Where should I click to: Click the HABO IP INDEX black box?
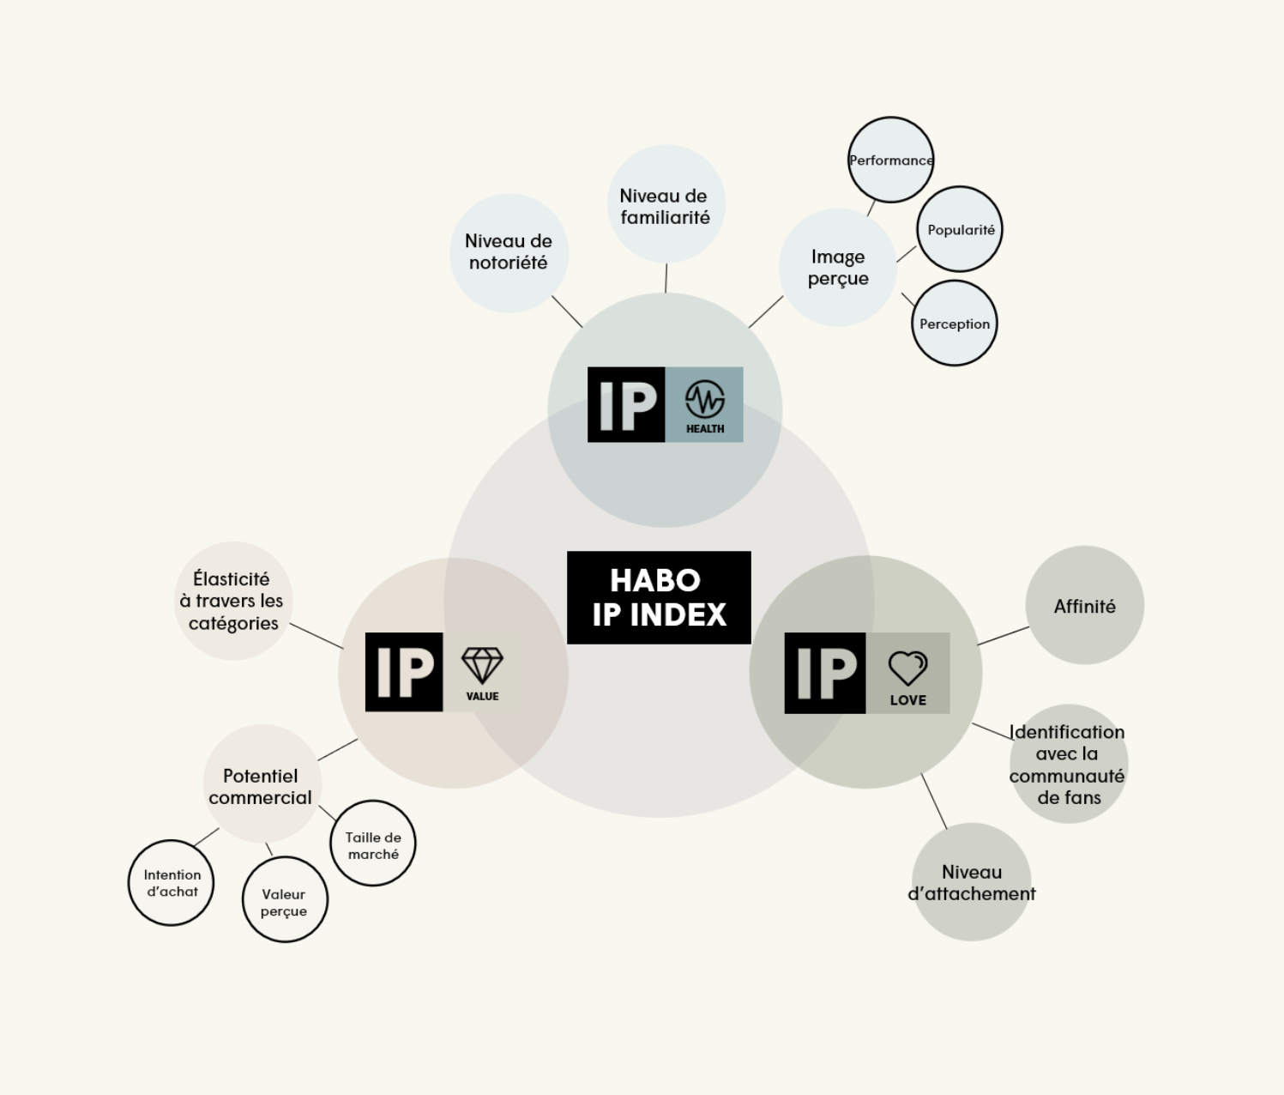coord(659,597)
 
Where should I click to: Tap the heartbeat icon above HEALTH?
coord(704,399)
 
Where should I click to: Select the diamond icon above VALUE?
coord(482,666)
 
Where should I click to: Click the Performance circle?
coord(891,160)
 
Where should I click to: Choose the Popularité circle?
coord(960,229)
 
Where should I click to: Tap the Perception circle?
coord(955,324)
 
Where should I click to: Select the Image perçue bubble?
coord(838,267)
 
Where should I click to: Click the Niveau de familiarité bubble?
coord(666,204)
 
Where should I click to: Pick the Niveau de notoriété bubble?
coord(509,253)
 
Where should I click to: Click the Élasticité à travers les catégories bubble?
coord(233,601)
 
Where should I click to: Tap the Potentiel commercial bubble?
coord(262,783)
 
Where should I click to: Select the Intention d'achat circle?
coord(171,883)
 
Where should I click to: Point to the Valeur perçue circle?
coord(285,900)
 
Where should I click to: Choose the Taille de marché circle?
coord(373,844)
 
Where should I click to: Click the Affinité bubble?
coord(1085,605)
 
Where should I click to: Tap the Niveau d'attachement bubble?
coord(972,882)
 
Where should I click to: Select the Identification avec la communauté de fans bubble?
coord(1069,764)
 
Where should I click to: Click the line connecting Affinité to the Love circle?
coord(1004,636)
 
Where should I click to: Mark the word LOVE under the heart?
coord(907,700)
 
